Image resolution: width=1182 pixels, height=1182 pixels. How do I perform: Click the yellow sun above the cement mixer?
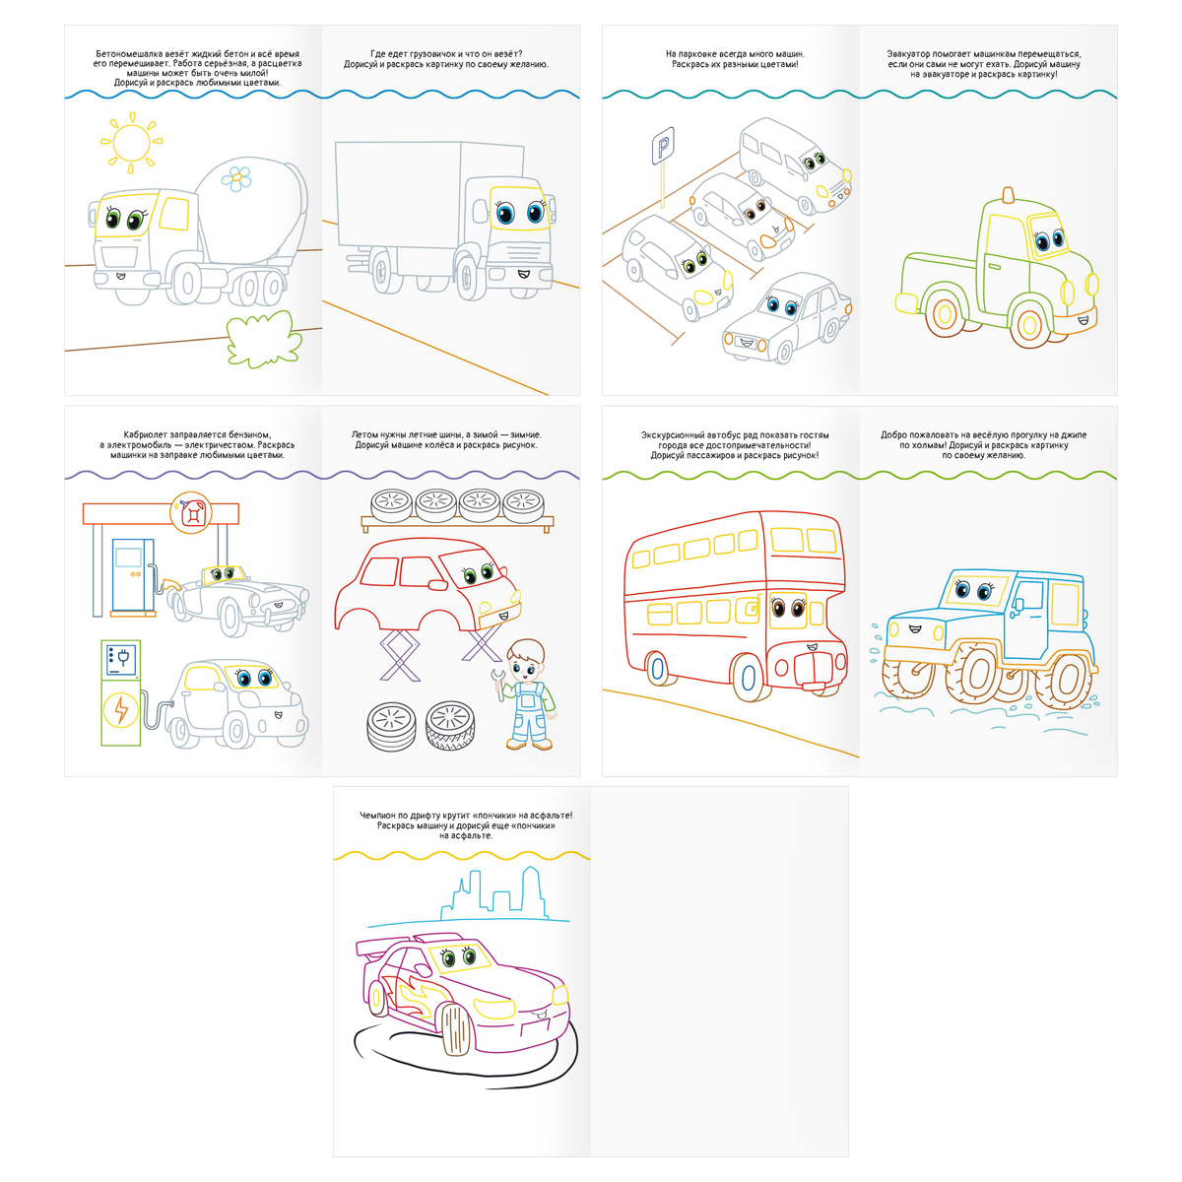coord(131,142)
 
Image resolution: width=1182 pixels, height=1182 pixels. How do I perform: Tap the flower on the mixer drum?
coord(236,178)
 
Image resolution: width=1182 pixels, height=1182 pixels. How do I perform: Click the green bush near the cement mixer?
coord(264,338)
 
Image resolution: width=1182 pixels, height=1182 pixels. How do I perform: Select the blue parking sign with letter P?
coord(663,147)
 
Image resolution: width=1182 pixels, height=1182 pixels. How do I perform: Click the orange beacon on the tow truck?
coord(1008,196)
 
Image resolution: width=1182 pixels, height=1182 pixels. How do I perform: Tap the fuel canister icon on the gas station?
coord(191,513)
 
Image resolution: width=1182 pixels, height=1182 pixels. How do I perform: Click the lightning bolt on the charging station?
coord(121,711)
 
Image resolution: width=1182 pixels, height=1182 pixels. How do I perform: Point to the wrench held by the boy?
coord(499,684)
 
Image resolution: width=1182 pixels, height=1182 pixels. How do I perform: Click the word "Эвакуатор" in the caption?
coord(908,54)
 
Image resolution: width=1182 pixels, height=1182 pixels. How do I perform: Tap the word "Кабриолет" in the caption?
coord(144,435)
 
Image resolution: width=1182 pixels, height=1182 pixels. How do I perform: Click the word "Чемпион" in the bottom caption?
coord(375,816)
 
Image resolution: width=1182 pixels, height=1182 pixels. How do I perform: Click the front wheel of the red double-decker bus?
coord(749,677)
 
